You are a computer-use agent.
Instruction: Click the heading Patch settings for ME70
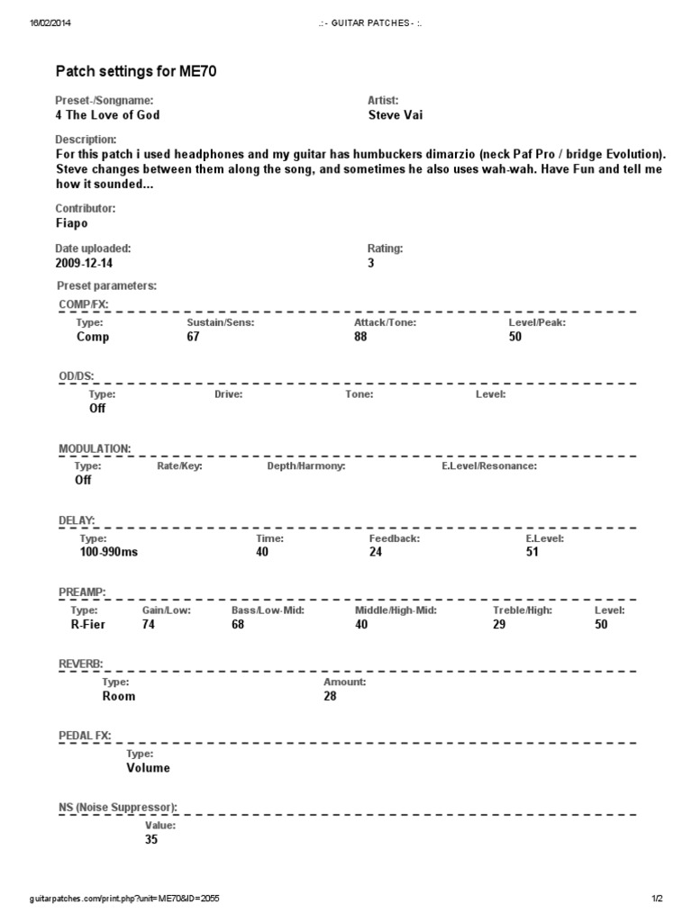(x=136, y=69)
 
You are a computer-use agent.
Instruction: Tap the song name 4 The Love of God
(x=108, y=115)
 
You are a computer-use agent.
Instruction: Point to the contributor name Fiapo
(x=72, y=222)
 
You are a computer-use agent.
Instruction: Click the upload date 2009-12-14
(x=85, y=264)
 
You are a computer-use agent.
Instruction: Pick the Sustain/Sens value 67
(x=193, y=337)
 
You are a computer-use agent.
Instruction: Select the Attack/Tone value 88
(x=360, y=337)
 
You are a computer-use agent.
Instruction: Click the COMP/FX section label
(x=83, y=305)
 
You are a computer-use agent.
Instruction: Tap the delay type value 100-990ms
(x=109, y=552)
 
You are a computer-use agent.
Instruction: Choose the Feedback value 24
(x=376, y=552)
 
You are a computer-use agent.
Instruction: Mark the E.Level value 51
(x=533, y=552)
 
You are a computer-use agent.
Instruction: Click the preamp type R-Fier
(x=88, y=624)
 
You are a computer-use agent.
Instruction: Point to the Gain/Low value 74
(x=149, y=624)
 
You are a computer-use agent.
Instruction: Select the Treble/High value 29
(x=499, y=624)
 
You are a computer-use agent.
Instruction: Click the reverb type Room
(x=119, y=696)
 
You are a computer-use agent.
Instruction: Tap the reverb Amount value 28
(x=330, y=696)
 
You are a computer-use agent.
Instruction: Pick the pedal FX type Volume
(x=148, y=768)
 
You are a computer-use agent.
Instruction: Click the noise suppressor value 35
(x=151, y=840)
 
